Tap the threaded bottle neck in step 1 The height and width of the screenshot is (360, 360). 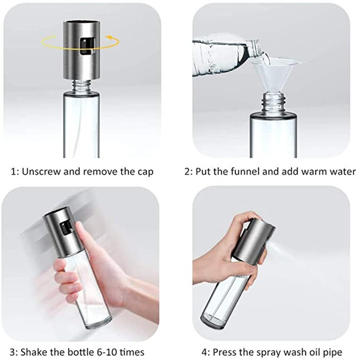pos(82,86)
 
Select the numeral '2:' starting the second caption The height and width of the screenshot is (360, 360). pos(189,171)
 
